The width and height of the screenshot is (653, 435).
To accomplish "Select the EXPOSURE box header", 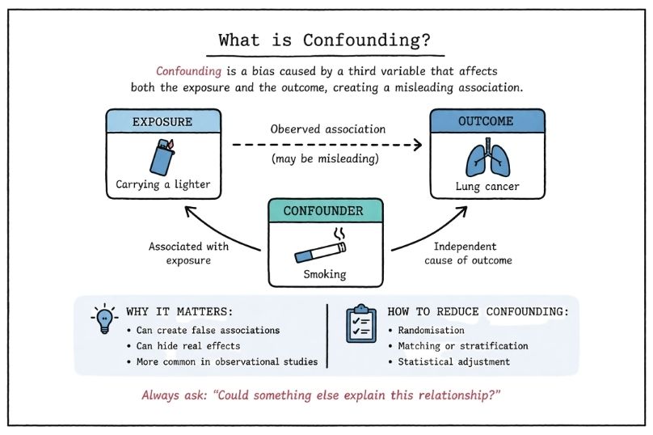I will [x=162, y=122].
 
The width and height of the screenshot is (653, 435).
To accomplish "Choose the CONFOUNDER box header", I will [x=325, y=212].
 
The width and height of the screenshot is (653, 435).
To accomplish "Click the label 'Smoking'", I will [x=325, y=274].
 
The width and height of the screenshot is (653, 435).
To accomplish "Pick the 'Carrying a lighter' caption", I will [x=162, y=184].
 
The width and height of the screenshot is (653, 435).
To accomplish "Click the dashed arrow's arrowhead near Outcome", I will [x=418, y=146].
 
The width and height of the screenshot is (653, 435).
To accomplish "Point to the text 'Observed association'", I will [x=328, y=129].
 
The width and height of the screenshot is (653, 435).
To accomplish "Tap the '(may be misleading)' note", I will [x=326, y=159].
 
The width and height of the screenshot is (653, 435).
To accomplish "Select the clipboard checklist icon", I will [x=360, y=324].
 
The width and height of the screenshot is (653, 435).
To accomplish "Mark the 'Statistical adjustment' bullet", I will [x=453, y=361].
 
